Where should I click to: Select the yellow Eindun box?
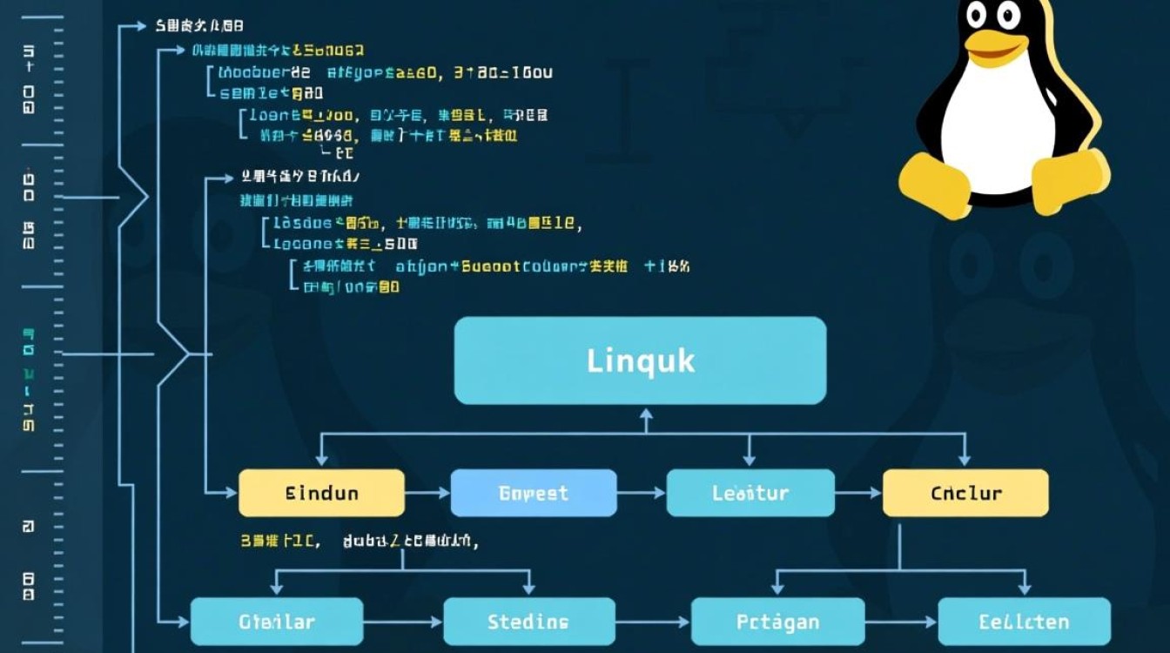[x=321, y=493]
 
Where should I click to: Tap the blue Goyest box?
[x=533, y=493]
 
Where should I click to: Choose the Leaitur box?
[x=750, y=493]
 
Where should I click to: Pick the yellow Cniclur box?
[x=965, y=493]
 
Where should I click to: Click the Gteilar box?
[x=276, y=622]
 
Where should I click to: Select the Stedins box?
[x=528, y=622]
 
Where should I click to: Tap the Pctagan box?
[x=777, y=622]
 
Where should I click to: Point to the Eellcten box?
[x=1024, y=622]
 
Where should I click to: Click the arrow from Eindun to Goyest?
[x=428, y=493]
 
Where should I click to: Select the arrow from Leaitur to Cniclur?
[x=859, y=493]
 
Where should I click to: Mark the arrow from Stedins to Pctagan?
[x=653, y=622]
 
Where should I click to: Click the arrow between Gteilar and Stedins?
[x=403, y=622]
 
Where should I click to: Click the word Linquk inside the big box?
[x=641, y=360]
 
